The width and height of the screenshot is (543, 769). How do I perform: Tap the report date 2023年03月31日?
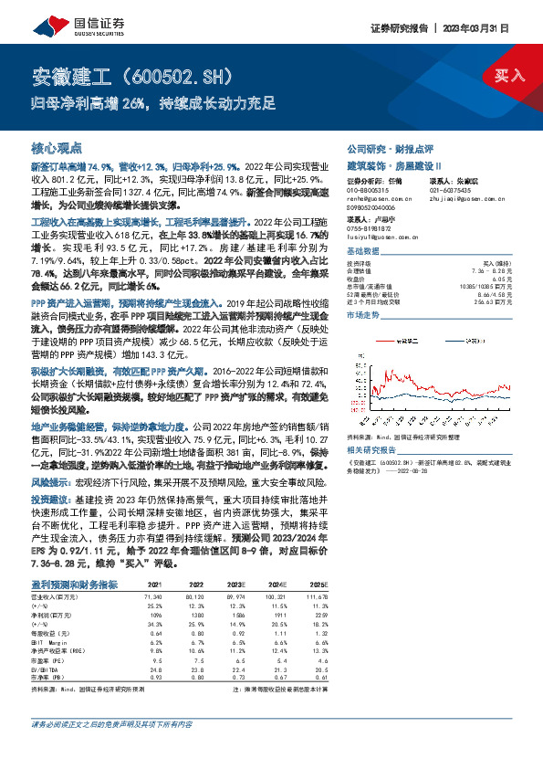click(492, 27)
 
